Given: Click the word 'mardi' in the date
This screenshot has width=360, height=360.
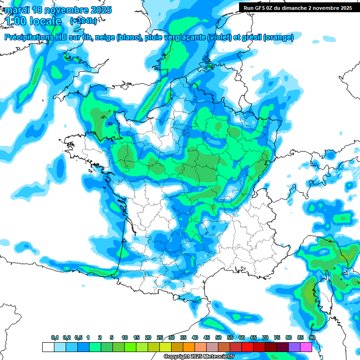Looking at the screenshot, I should coord(17,10).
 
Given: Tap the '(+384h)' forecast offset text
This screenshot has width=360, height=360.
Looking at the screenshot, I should coord(83,21).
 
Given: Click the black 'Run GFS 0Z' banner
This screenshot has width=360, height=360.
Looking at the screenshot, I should coord(296,7).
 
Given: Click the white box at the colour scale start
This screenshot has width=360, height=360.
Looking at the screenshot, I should coord(48,347).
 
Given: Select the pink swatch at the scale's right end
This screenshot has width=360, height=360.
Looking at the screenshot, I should coord(306,347).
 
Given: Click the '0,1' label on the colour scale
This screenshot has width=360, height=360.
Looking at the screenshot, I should coord(55,338).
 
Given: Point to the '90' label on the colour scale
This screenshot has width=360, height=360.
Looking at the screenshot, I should coord(312,338).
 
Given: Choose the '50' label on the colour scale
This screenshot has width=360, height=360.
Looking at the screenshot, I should coord(218,338).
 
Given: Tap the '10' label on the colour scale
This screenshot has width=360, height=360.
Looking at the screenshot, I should coord(125,338).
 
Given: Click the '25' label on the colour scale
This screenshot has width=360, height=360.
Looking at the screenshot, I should coord(160,338).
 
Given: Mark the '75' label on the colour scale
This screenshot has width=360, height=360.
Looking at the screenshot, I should coord(277,338).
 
